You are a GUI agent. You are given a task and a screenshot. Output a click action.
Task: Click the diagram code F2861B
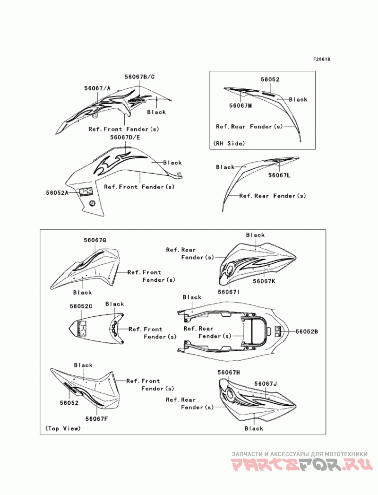coord(321,60)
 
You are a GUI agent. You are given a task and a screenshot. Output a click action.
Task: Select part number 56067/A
coord(97,88)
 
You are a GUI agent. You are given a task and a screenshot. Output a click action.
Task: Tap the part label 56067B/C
coord(139,77)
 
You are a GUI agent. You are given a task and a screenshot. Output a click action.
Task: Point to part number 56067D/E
coord(125,137)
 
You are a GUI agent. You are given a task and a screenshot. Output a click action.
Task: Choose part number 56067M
coord(240,105)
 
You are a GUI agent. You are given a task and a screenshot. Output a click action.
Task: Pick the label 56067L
coord(279,175)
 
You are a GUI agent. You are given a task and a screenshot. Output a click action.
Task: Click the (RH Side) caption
coord(229,143)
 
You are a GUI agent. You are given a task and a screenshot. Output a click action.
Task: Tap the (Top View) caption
coord(63,428)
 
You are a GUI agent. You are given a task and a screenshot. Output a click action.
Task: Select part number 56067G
coord(95,240)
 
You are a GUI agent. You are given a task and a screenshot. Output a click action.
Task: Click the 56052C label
coord(81,306)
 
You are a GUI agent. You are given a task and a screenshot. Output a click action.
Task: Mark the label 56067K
coord(264,281)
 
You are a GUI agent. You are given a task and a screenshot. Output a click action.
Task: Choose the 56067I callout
coord(229,292)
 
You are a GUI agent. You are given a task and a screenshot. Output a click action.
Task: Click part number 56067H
coord(229,373)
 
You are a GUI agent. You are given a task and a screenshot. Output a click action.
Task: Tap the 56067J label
coord(266,383)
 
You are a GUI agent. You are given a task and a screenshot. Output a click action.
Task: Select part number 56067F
coord(97,418)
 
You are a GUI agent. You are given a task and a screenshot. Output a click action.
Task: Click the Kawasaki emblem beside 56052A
coord(86,192)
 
